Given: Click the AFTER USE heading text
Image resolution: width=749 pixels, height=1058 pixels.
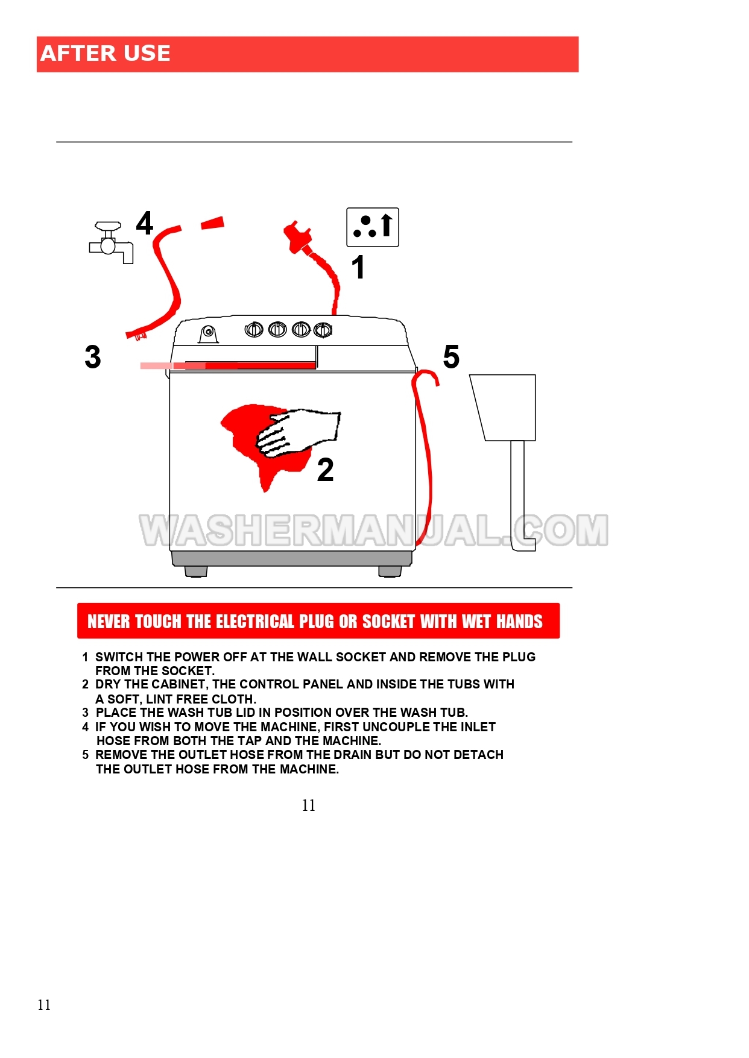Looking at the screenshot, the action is pyautogui.click(x=106, y=54).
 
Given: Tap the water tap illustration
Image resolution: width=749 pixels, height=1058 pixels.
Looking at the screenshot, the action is pyautogui.click(x=111, y=243).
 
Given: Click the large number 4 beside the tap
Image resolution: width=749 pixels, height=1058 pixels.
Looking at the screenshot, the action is pyautogui.click(x=145, y=223).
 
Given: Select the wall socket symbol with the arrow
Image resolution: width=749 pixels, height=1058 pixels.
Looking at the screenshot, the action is pyautogui.click(x=373, y=227).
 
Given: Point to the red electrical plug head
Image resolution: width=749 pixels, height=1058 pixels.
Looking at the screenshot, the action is pyautogui.click(x=297, y=237).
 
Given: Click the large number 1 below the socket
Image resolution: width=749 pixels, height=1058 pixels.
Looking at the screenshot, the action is pyautogui.click(x=358, y=267).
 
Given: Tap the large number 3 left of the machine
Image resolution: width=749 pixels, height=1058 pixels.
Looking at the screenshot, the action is pyautogui.click(x=93, y=356).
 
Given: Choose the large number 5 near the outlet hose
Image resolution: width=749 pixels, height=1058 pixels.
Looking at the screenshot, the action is pyautogui.click(x=451, y=356).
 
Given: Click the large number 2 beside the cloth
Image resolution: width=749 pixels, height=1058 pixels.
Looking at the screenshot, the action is pyautogui.click(x=326, y=470).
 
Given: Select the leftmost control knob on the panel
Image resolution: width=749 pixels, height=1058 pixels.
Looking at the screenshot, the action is pyautogui.click(x=254, y=330).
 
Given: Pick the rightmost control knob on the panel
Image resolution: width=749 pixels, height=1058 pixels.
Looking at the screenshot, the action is pyautogui.click(x=323, y=330).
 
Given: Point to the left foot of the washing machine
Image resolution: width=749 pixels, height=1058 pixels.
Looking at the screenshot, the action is pyautogui.click(x=196, y=572).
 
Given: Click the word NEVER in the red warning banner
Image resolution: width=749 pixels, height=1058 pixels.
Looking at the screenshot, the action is pyautogui.click(x=109, y=622).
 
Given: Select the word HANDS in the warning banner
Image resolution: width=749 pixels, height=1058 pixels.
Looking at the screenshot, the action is pyautogui.click(x=520, y=622).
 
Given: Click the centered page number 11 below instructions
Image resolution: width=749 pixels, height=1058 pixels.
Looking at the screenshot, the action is pyautogui.click(x=309, y=805).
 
